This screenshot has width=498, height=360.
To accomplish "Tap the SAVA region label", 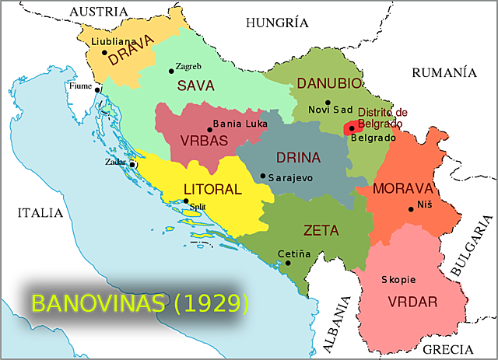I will (195, 85).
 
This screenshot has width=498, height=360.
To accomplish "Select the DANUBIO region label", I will (328, 83).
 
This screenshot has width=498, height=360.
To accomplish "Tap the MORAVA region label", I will (402, 189).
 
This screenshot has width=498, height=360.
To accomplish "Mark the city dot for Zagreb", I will (171, 71).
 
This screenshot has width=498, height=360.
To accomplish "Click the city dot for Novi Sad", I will (328, 102).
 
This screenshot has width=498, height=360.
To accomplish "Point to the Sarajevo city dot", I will (263, 177).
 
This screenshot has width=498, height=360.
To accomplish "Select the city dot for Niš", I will (411, 208).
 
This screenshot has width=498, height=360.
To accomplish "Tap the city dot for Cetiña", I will (288, 263).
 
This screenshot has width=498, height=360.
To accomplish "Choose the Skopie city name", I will (398, 279).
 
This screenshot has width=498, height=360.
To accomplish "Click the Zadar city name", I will (117, 162).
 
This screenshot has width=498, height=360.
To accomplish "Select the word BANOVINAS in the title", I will (97, 303).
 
